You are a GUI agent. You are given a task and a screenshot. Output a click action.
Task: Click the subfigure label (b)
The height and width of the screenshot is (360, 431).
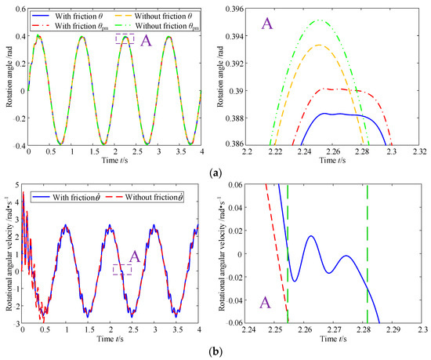[215, 352]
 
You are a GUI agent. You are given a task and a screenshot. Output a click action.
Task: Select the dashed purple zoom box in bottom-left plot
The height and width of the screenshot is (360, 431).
[121, 268]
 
